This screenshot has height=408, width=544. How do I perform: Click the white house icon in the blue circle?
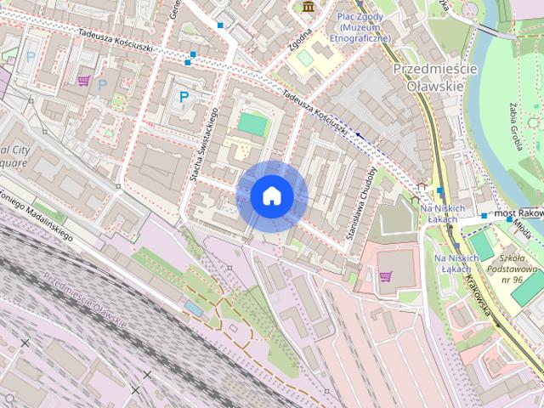click(271, 195)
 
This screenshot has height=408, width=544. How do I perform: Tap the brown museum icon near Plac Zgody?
click(307, 7)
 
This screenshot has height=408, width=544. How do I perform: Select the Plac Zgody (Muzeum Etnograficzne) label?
click(363, 26)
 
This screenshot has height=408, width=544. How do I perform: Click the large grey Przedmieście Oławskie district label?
click(434, 76)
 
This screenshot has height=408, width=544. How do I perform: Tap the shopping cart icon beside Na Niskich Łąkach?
click(386, 276)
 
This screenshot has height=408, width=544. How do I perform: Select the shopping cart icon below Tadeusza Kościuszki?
click(83, 81)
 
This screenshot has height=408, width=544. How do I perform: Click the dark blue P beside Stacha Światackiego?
click(184, 98)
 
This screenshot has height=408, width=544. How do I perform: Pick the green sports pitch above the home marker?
click(252, 124)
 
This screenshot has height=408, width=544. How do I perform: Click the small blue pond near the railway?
click(195, 310)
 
